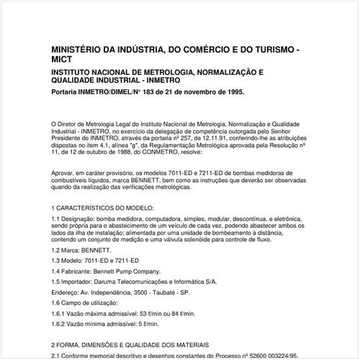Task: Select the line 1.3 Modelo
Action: pyautogui.click(x=95, y=278)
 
